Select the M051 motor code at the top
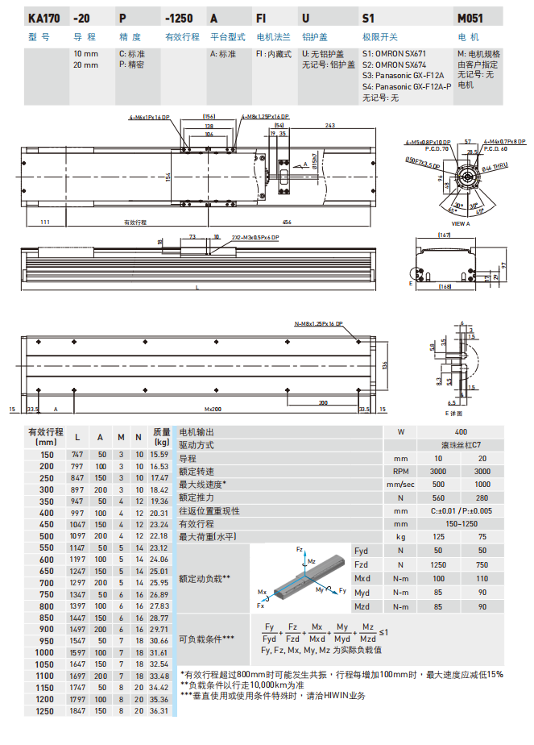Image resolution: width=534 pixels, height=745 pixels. tap(471, 17)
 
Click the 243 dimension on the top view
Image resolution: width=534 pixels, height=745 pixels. tap(330, 126)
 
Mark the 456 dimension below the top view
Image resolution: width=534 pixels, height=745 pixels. tap(287, 222)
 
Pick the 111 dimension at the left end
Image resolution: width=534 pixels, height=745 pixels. tap(45, 222)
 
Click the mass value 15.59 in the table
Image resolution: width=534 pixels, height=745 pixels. tap(159, 455)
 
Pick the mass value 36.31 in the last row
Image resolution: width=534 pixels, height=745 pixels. tap(159, 711)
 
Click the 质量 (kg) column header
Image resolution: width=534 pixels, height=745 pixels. tap(162, 436)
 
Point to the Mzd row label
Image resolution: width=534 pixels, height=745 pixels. tap(362, 606)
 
